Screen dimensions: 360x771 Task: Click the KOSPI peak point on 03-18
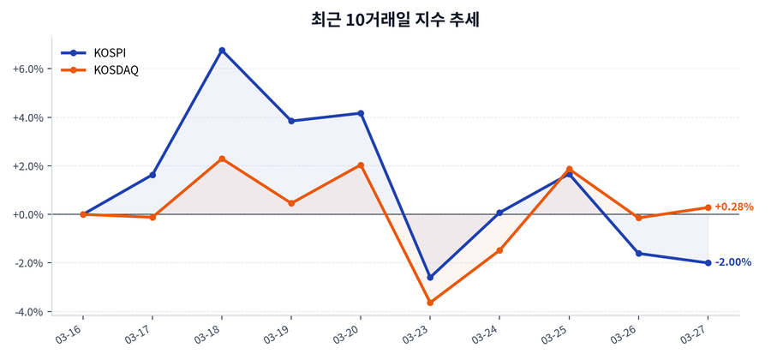[222, 51]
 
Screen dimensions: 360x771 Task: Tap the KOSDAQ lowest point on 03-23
[430, 303]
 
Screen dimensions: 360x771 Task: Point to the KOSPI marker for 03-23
[430, 278]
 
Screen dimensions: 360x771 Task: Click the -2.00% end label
[732, 262]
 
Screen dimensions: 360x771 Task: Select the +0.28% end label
[733, 207]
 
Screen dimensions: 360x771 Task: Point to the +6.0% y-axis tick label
[27, 69]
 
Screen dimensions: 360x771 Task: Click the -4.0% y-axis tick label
[27, 312]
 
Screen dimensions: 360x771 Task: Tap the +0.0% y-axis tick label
[27, 214]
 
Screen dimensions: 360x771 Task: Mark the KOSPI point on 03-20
[361, 113]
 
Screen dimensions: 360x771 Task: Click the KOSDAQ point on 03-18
[222, 159]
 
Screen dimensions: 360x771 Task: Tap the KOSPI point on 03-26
[639, 254]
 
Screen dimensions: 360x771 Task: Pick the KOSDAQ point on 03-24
[499, 250]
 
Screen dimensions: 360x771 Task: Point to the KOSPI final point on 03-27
[708, 263]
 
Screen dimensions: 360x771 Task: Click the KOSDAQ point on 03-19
[291, 203]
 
